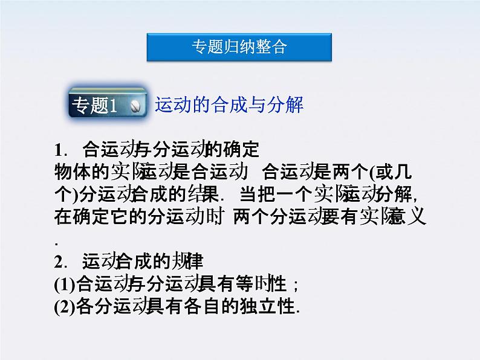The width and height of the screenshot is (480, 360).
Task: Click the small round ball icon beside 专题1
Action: (x=136, y=106)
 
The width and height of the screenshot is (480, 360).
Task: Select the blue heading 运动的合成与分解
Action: (x=229, y=105)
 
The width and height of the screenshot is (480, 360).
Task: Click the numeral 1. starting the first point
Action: (x=60, y=149)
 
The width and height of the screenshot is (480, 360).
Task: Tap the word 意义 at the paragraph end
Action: (x=412, y=217)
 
